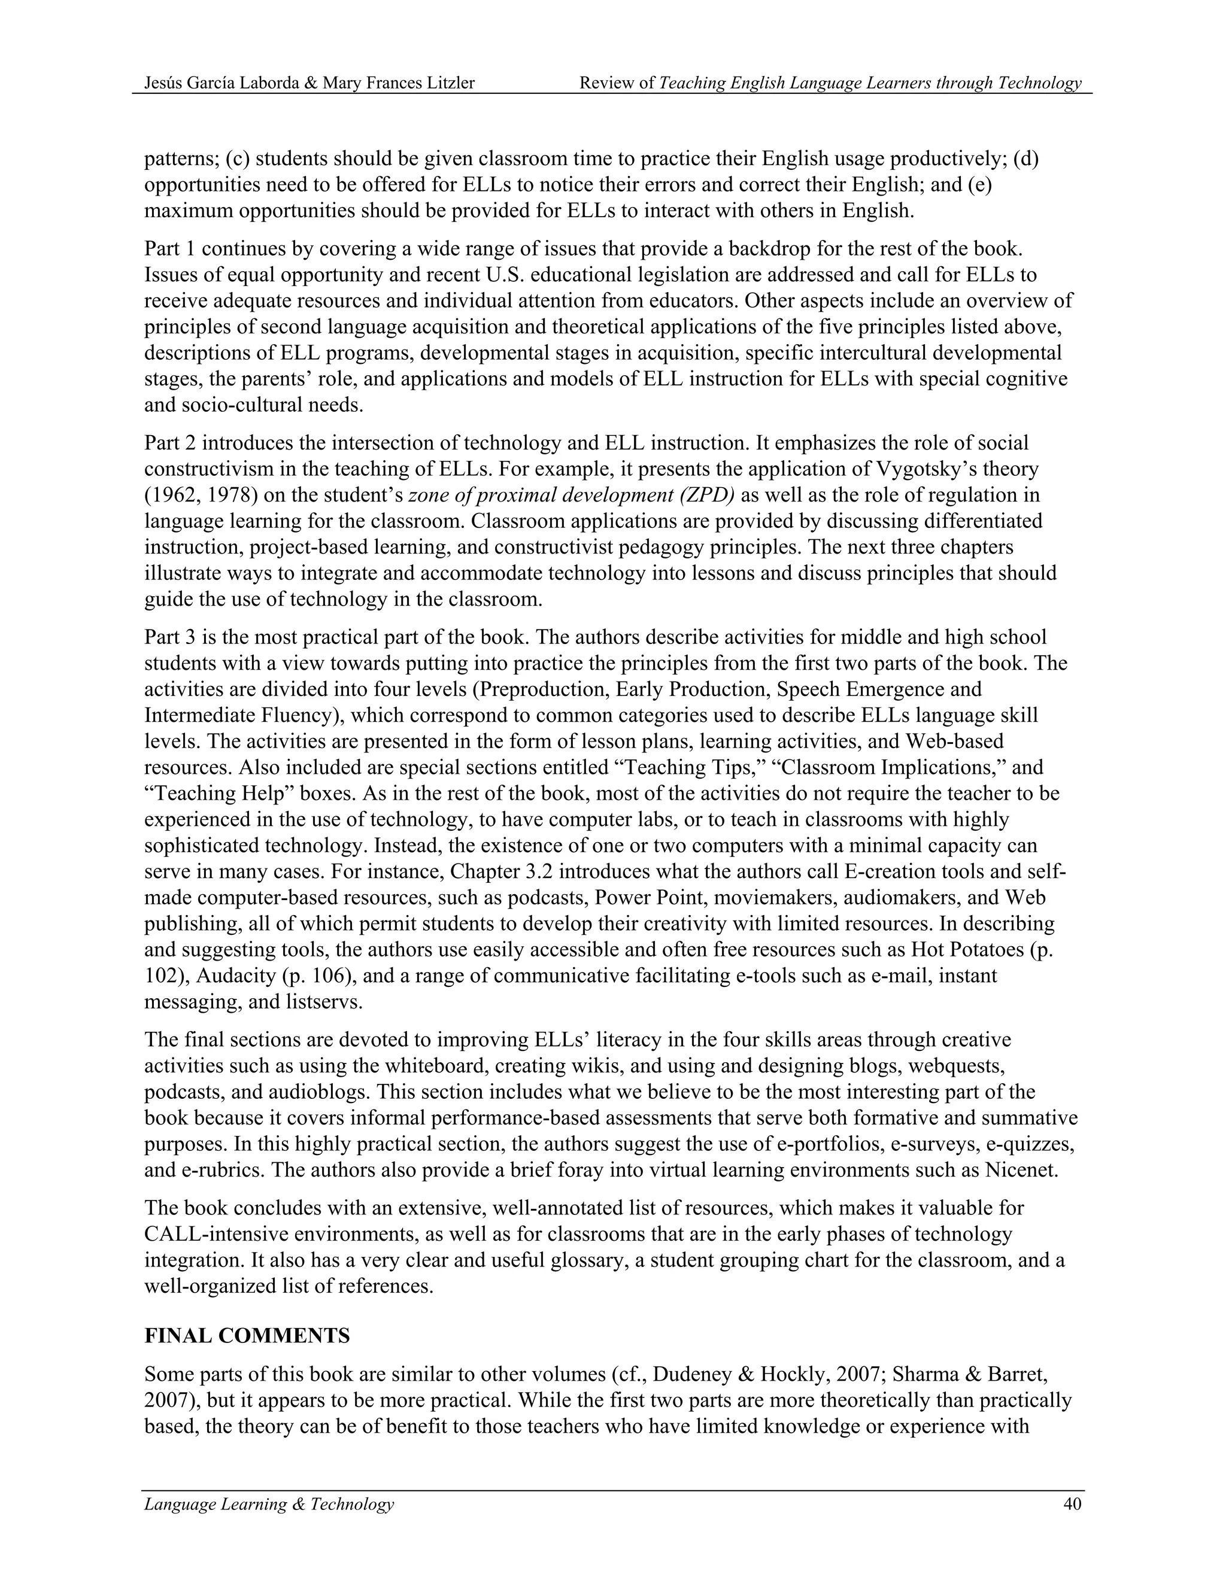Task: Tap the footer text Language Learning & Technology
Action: (269, 1504)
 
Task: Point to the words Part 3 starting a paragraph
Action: (168, 637)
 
